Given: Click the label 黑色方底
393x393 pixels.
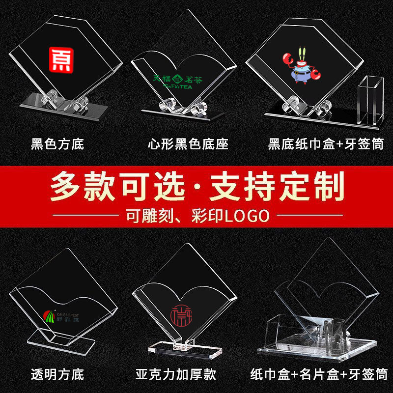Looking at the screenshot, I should (57, 144).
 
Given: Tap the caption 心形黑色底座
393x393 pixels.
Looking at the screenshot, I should (188, 144).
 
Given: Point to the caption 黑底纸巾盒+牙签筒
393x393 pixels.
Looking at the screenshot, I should (325, 144).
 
